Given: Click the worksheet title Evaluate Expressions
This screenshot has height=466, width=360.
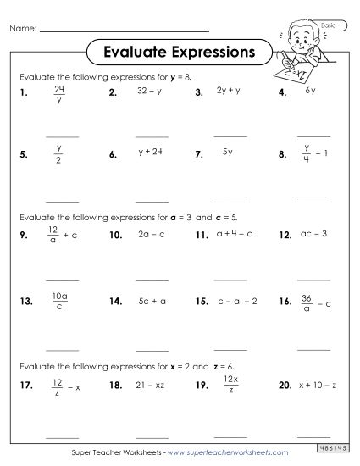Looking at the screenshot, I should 179,52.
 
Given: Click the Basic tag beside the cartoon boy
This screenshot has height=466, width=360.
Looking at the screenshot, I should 329,26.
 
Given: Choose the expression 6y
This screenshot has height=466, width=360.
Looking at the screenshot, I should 311,89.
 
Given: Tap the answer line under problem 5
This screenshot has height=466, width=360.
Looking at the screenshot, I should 61,201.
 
